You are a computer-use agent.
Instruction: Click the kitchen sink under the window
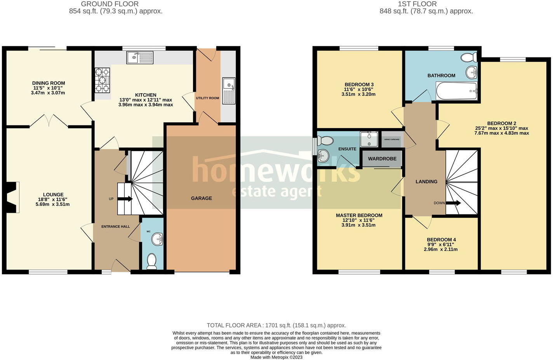140,58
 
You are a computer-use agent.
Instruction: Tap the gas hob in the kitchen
102,80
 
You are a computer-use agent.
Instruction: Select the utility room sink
229,90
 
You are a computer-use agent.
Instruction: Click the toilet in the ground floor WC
151,261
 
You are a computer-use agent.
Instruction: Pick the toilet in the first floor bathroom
469,57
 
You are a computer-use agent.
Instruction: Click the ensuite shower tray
369,139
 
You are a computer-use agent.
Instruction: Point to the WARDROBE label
382,158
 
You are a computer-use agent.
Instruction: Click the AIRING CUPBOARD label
392,139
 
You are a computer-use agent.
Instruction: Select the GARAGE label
201,198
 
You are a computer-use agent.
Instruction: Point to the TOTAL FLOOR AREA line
276,325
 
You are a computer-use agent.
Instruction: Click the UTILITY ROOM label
207,98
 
